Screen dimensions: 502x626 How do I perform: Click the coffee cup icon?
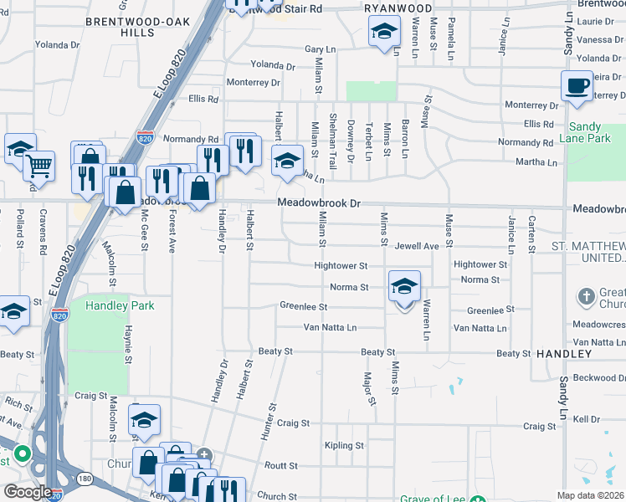click(x=577, y=85)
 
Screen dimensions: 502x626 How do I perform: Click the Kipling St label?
click(x=344, y=446)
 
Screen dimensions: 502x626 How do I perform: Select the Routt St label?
click(x=281, y=465)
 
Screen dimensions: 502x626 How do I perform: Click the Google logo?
click(x=28, y=492)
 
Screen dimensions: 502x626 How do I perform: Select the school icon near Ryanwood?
click(x=384, y=32)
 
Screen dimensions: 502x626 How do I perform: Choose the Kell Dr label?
click(x=587, y=418)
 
